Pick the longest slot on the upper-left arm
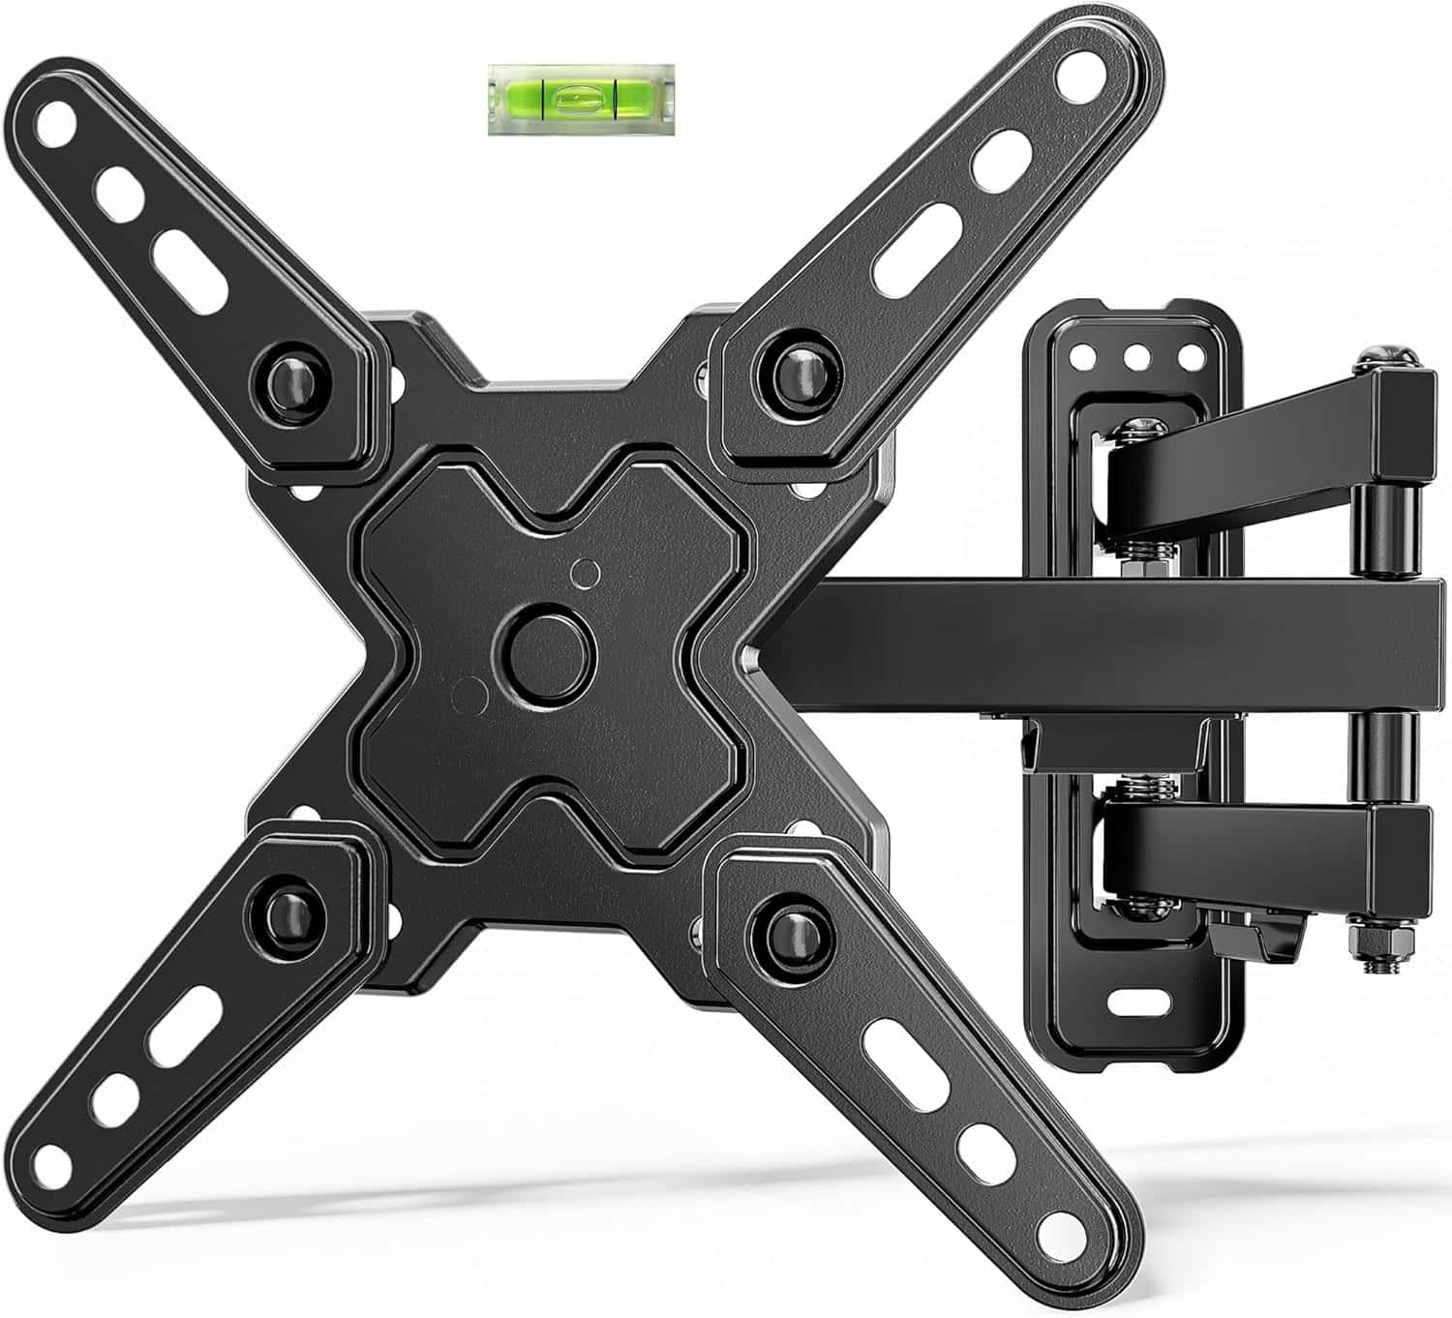pos(189,271)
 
